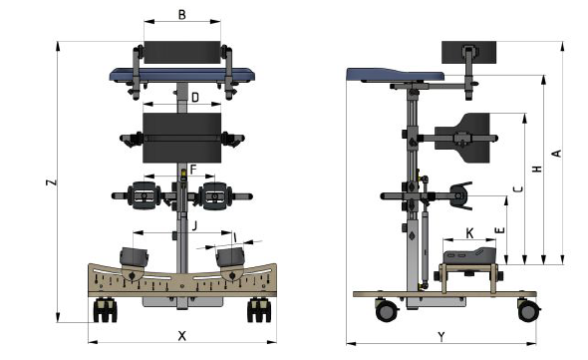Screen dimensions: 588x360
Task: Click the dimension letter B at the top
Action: click(181, 15)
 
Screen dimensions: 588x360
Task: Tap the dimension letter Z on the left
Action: click(52, 182)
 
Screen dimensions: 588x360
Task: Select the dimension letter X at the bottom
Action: click(181, 336)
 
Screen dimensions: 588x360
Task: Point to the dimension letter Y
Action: click(441, 337)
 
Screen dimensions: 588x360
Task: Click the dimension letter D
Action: click(195, 98)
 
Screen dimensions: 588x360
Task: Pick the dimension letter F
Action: click(193, 170)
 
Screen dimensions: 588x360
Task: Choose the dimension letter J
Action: click(194, 226)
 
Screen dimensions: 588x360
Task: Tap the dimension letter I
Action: click(235, 237)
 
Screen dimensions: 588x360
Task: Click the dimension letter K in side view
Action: click(469, 233)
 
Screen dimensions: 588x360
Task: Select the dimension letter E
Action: click(499, 230)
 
